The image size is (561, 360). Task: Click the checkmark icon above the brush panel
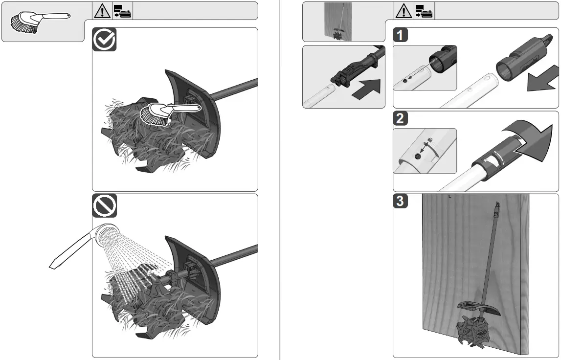click(x=105, y=39)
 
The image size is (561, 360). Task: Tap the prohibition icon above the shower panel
click(x=105, y=206)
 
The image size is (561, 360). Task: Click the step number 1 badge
click(x=401, y=35)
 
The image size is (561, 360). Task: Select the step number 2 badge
click(x=401, y=118)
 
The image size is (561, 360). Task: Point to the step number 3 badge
click(x=401, y=201)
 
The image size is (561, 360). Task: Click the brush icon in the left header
click(x=39, y=22)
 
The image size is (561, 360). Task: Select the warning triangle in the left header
click(x=102, y=11)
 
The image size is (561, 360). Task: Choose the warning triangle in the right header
click(x=403, y=11)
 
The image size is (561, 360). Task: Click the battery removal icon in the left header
click(x=123, y=11)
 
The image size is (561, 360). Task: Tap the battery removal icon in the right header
click(x=425, y=11)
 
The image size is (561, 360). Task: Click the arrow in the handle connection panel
click(x=367, y=89)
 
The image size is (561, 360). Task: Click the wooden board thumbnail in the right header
click(x=338, y=21)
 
